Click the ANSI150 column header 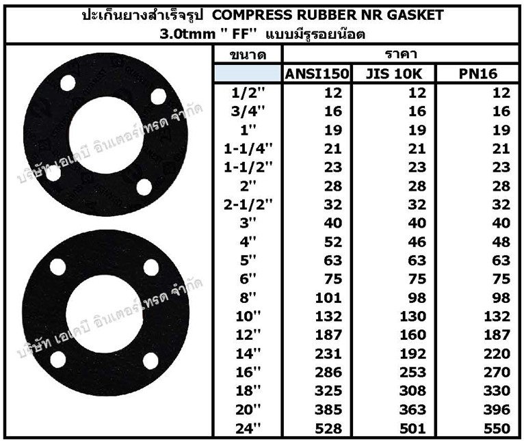317,74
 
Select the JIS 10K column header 394,74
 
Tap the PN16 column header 478,74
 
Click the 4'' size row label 248,241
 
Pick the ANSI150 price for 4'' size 333,242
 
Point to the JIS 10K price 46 417,242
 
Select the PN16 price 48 501,242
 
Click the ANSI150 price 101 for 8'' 329,297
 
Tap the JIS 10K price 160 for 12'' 413,335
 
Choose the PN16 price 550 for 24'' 497,428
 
